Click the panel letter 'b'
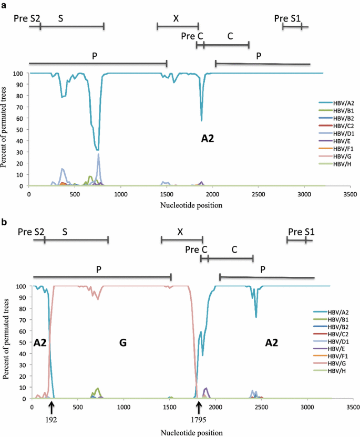[x=5, y=222]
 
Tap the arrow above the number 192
[x=51, y=407]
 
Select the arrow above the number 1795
[x=199, y=407]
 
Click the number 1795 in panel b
[x=199, y=419]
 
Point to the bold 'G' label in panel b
[x=123, y=342]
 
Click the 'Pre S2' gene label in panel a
[x=27, y=18]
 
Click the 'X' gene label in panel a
[x=176, y=18]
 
